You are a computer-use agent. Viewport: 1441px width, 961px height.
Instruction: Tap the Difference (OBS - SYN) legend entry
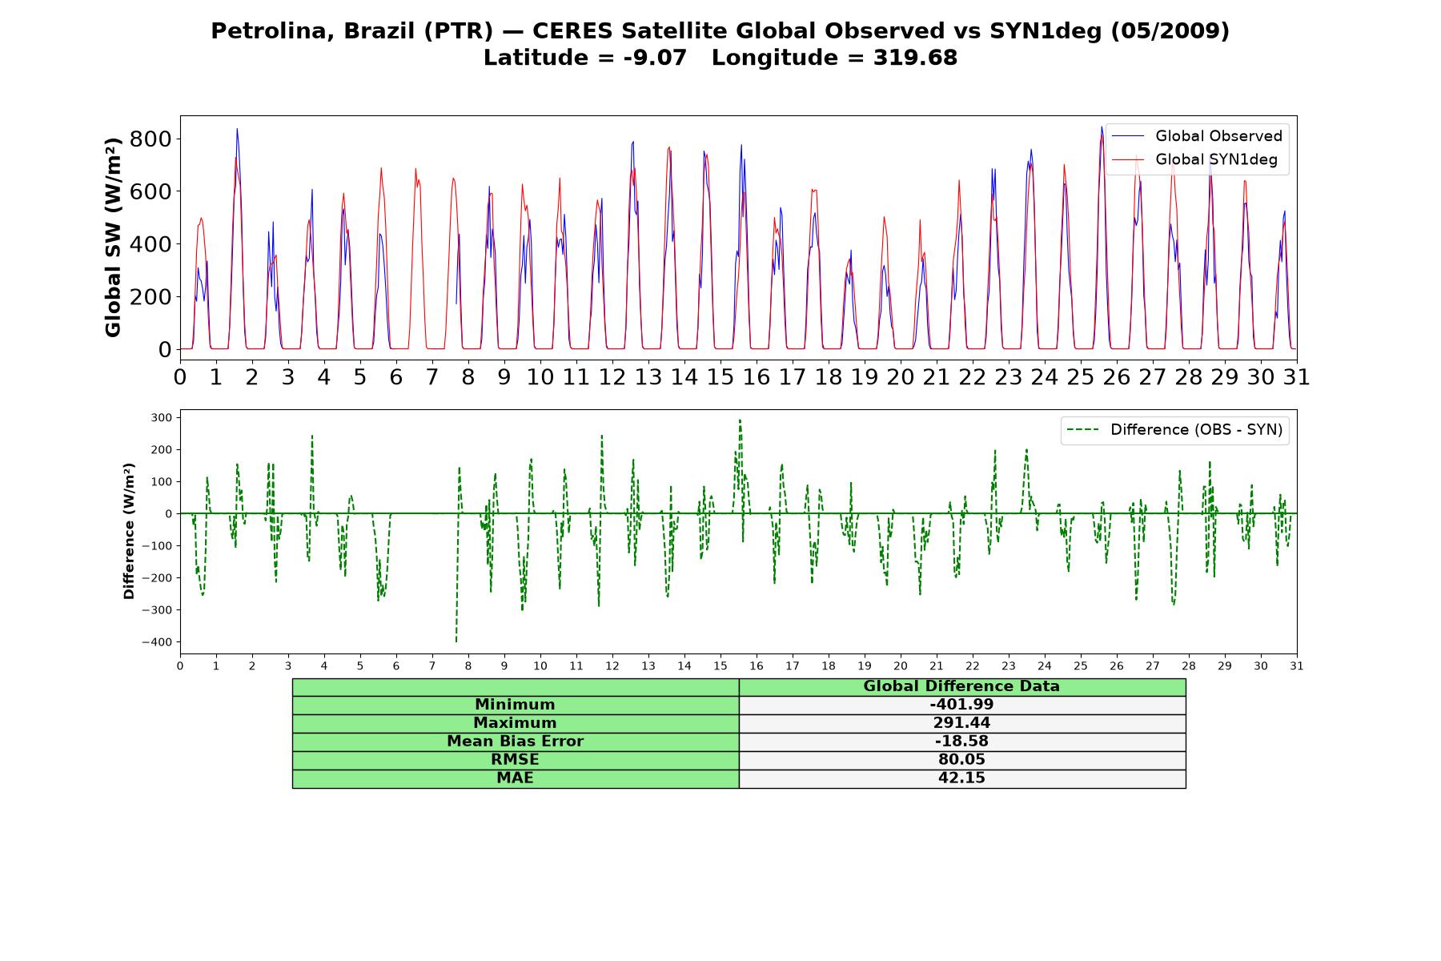coord(1175,430)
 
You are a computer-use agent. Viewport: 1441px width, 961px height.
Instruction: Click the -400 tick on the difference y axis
coord(157,642)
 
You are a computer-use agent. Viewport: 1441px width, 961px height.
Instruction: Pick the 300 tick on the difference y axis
coord(162,417)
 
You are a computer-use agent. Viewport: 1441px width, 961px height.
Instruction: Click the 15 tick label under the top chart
coord(720,376)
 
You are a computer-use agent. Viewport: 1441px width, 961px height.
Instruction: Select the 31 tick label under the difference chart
coord(1296,666)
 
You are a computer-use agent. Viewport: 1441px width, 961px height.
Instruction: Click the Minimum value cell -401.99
coord(961,705)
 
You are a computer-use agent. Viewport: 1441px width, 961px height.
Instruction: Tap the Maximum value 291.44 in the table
coord(961,723)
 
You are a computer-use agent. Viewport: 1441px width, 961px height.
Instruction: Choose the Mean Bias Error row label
coord(515,742)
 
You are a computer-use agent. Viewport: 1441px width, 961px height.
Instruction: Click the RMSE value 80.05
coord(961,760)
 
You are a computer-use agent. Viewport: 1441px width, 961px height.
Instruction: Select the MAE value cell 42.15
coord(961,778)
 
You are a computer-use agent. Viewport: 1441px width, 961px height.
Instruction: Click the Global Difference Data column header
coord(961,686)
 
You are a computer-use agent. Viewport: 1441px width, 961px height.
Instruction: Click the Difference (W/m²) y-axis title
coord(129,531)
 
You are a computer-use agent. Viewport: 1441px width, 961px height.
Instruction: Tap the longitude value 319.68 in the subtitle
coord(916,58)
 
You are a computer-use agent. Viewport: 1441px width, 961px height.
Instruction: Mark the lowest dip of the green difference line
coord(456,641)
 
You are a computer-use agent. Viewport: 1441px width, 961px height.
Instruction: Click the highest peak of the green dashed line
coord(740,420)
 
